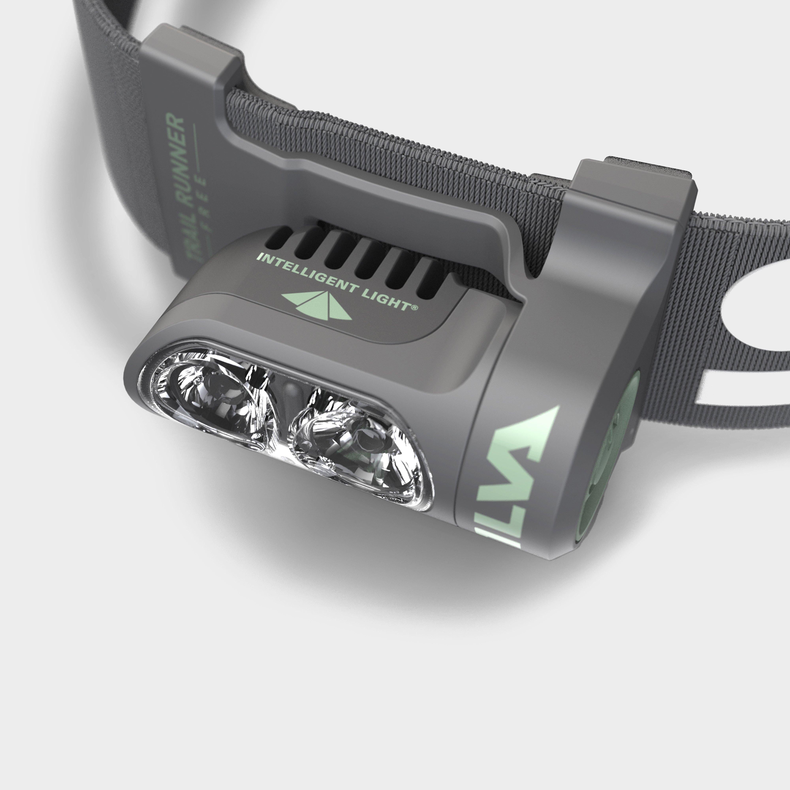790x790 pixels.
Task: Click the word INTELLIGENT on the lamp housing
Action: [x=302, y=274]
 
